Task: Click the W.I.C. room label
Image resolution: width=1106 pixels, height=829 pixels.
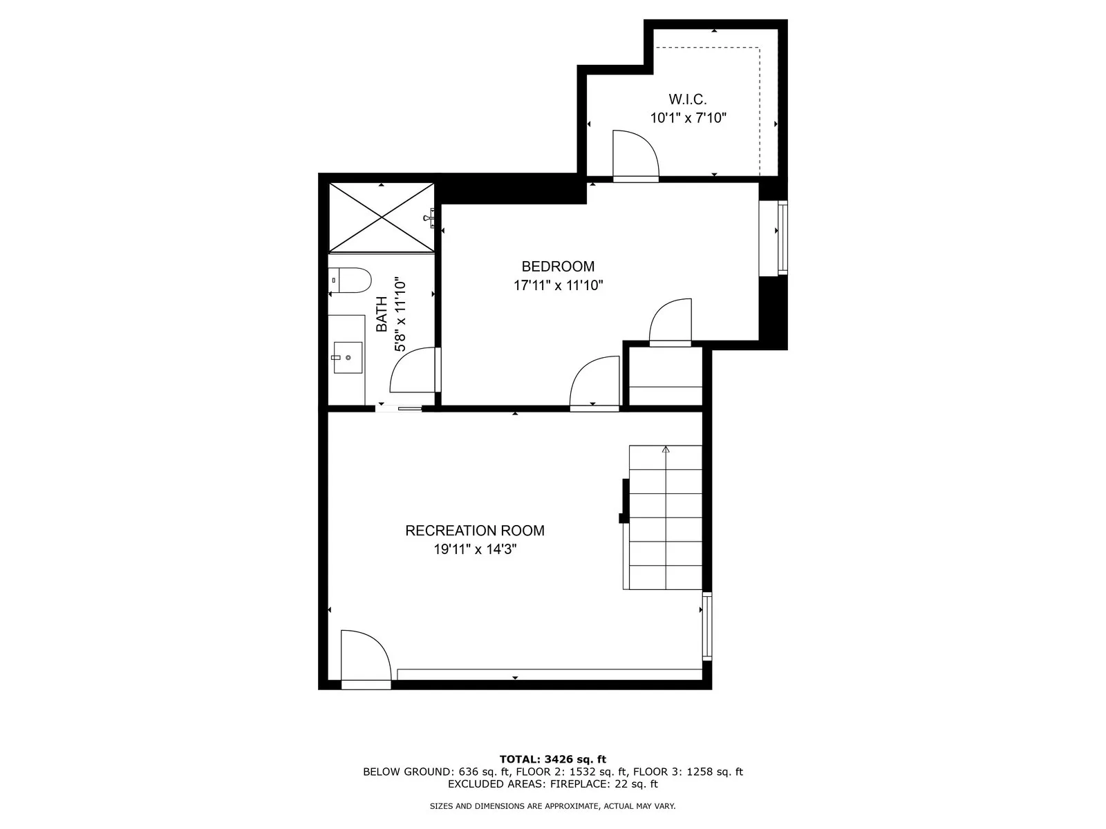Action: coord(687,99)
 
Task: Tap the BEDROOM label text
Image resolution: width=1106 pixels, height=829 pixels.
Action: coord(558,266)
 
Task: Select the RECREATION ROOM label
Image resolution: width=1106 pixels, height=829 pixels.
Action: coord(475,531)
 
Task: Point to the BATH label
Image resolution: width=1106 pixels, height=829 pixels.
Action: coord(382,314)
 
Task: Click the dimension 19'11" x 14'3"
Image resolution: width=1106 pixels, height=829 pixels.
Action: coord(475,549)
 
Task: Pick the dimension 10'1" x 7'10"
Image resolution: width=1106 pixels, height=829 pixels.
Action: coord(688,117)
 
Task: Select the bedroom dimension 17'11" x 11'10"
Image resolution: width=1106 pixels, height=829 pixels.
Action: coord(558,285)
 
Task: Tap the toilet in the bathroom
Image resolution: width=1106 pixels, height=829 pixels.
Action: coord(350,280)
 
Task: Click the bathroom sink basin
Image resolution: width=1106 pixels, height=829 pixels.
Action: coord(348,357)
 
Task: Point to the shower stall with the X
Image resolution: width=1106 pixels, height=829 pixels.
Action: coord(382,218)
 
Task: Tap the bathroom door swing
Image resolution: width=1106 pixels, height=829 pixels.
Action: coord(414,370)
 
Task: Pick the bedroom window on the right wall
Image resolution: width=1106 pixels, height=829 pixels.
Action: coord(782,238)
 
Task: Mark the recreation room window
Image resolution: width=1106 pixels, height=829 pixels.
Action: coord(707,626)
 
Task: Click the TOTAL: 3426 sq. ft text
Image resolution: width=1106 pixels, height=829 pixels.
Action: coord(553,759)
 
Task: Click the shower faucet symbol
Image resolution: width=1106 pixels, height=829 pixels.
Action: coord(429,218)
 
